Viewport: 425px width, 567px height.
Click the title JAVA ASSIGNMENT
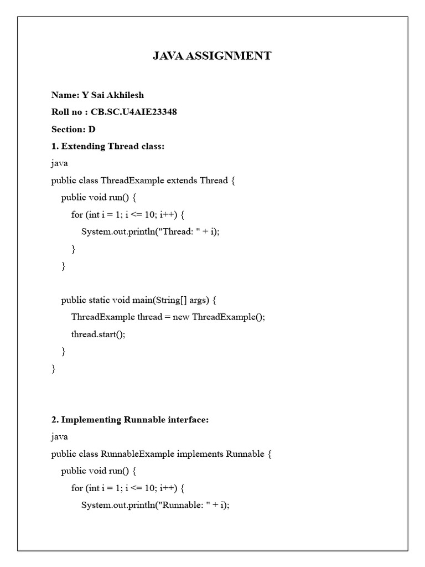coord(212,55)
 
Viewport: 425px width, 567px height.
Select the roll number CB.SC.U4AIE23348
coord(138,112)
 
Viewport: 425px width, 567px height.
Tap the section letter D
coord(92,129)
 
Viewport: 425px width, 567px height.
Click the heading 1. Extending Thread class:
coord(108,146)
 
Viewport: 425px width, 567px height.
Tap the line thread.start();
coord(99,334)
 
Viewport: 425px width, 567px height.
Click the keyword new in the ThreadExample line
coord(181,317)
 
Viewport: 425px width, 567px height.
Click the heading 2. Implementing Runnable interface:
coord(130,420)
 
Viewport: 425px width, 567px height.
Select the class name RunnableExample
coord(137,454)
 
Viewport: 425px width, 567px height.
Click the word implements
coord(200,454)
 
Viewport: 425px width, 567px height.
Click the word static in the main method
coord(99,300)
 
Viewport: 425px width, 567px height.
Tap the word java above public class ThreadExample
coord(60,163)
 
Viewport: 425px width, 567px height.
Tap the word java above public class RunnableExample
coord(60,437)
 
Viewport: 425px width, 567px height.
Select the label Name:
coord(64,95)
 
